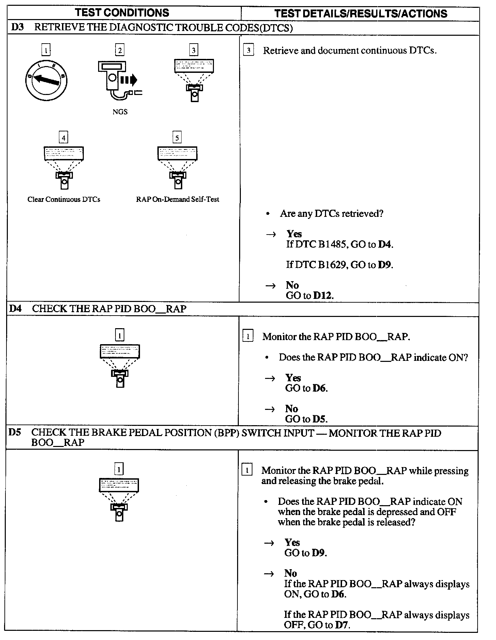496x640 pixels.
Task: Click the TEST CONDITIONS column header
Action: coord(122,13)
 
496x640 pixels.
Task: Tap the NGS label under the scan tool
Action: coord(120,112)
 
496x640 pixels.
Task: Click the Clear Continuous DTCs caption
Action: coord(64,199)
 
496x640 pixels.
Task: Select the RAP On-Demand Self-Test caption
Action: coord(177,199)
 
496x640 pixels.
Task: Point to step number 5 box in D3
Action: coord(177,138)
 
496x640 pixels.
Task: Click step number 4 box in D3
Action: coord(63,138)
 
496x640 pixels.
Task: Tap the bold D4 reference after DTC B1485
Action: coord(385,244)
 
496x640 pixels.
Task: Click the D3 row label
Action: coord(17,28)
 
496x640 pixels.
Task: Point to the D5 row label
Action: coord(15,432)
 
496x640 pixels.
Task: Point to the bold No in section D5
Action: coord(291,573)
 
